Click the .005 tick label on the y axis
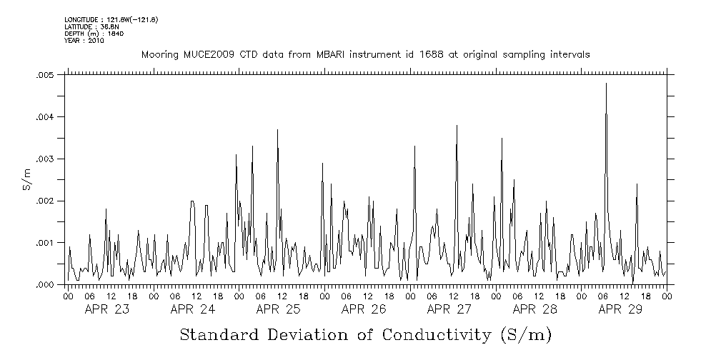[45, 75]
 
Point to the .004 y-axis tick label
[45, 117]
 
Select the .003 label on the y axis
[45, 159]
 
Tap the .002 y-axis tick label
[45, 201]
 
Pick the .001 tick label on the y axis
[45, 243]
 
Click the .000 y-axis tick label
[45, 285]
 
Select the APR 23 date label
[107, 309]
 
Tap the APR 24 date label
[193, 309]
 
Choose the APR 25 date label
[278, 309]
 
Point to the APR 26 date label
[364, 309]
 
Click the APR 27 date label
[449, 309]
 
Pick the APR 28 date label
[534, 309]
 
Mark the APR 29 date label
[620, 309]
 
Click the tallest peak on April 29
[606, 84]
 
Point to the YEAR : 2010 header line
[84, 41]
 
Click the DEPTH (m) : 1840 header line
[89, 34]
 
